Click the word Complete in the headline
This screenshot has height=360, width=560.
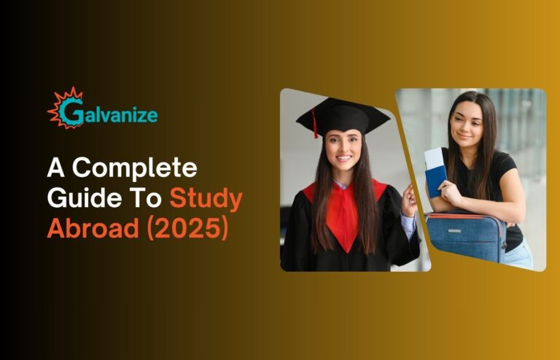coord(135,168)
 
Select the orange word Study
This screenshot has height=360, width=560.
coord(206,199)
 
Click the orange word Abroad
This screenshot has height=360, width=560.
coord(93,227)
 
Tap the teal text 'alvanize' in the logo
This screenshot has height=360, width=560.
coord(121,115)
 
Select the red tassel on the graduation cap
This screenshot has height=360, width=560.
coord(315,123)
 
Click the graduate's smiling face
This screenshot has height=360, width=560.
coord(343,150)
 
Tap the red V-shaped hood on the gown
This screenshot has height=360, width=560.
coord(344,214)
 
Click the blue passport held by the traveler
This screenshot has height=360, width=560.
coord(436,181)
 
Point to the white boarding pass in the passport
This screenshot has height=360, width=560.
coord(434,159)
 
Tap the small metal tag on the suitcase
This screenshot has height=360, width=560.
coord(454,231)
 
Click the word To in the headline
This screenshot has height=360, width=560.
coord(148,198)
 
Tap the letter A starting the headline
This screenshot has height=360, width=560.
coord(55,168)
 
